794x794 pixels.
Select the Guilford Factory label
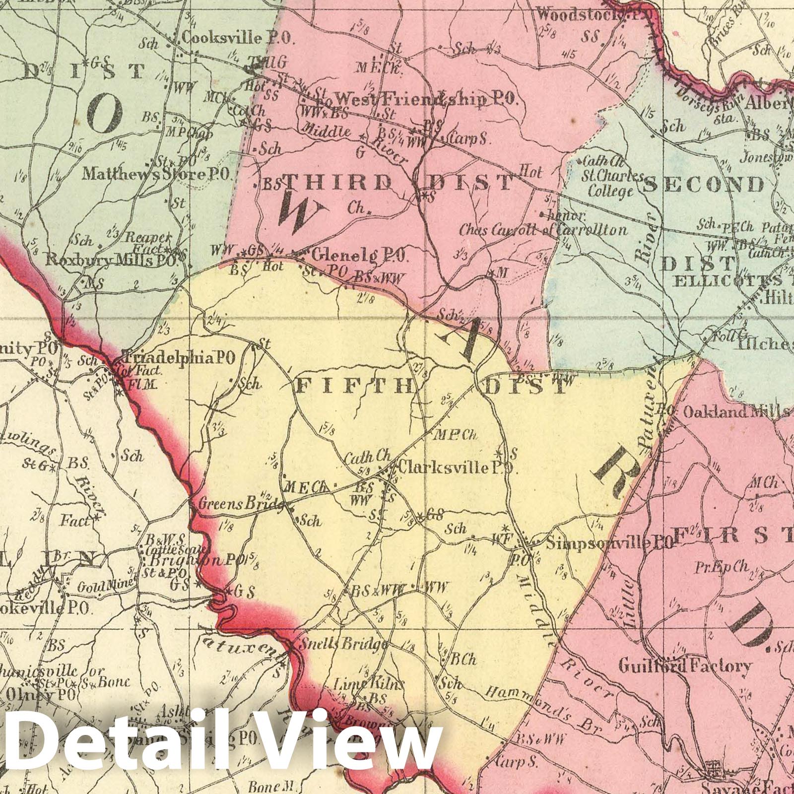point(685,666)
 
